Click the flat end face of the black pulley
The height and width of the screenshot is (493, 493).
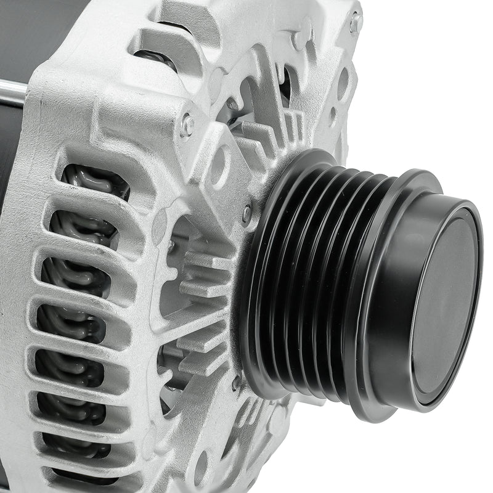[x=446, y=302]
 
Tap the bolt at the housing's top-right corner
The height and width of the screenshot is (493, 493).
[x=355, y=23]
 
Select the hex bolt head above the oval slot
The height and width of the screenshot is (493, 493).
[x=187, y=125]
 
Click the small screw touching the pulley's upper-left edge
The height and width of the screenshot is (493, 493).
[x=248, y=213]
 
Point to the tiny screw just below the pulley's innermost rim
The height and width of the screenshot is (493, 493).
[x=237, y=383]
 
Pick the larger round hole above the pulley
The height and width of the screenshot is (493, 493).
[x=343, y=82]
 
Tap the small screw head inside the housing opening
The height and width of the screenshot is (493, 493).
[x=171, y=246]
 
